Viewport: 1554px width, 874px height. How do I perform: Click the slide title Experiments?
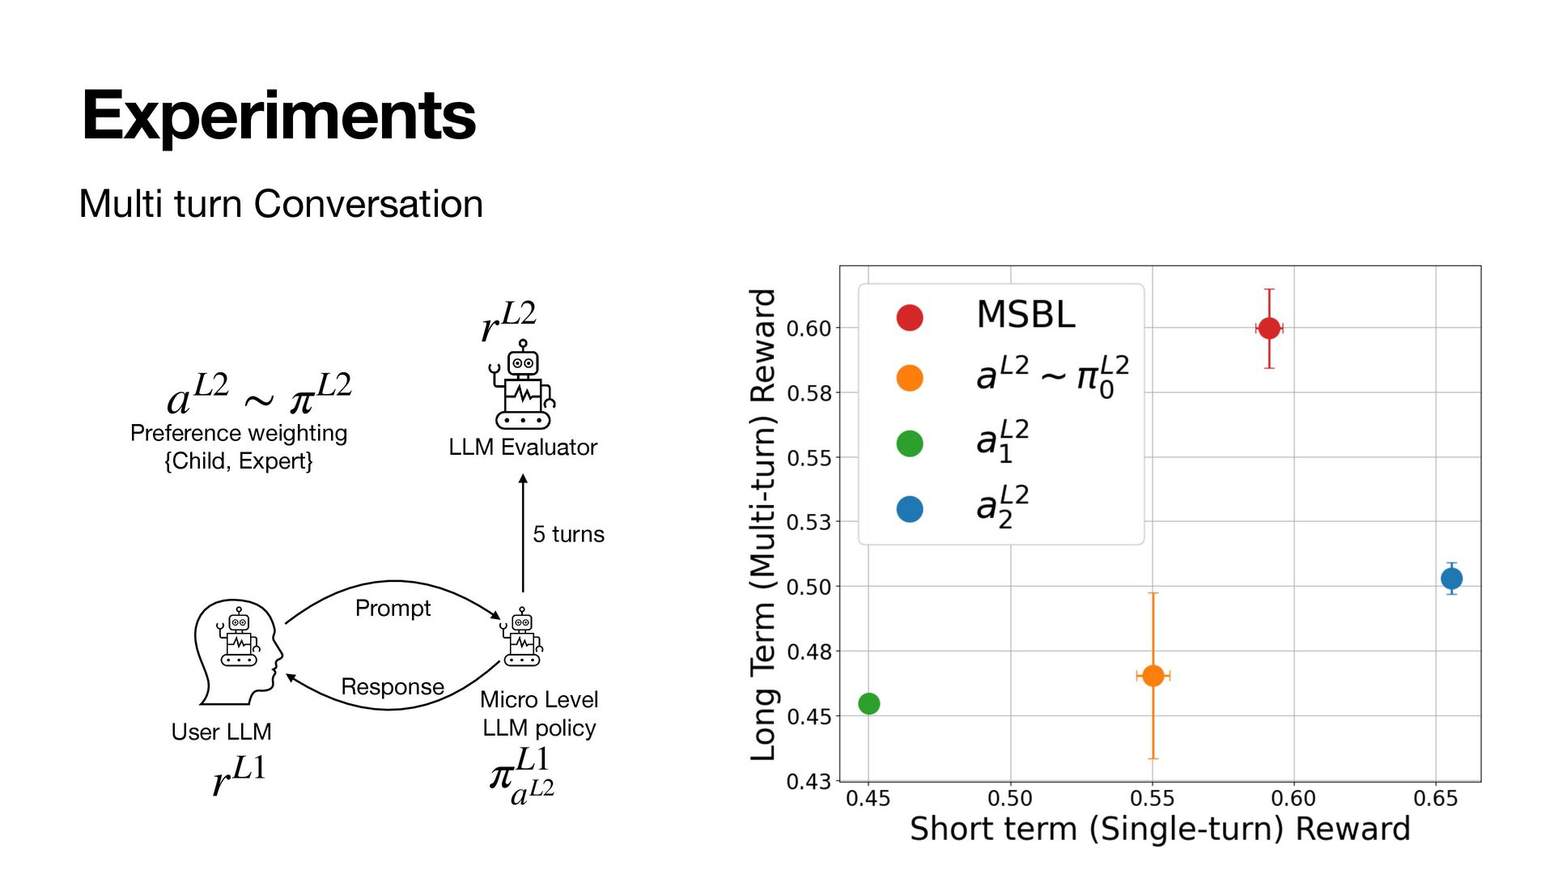pyautogui.click(x=278, y=116)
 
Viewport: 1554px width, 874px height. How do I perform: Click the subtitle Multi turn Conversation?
pyautogui.click(x=281, y=204)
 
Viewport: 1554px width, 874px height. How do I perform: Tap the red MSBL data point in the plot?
pyautogui.click(x=1269, y=328)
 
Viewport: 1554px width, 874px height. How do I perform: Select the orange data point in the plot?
pyautogui.click(x=1153, y=675)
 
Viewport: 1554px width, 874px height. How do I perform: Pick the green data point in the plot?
pyautogui.click(x=868, y=703)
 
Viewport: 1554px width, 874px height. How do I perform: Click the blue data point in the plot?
pyautogui.click(x=1451, y=579)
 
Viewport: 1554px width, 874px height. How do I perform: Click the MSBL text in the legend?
pyautogui.click(x=1025, y=315)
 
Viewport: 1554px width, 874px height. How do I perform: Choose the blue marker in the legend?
pyautogui.click(x=910, y=509)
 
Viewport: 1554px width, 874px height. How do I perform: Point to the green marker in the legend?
pyautogui.click(x=910, y=443)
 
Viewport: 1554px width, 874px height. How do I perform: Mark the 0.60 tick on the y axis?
pyautogui.click(x=809, y=329)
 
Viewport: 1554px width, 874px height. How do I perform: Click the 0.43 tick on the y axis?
pyautogui.click(x=809, y=781)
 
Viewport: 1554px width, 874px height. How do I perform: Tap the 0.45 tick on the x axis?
pyautogui.click(x=868, y=799)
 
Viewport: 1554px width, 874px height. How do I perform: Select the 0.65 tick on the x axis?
pyautogui.click(x=1435, y=799)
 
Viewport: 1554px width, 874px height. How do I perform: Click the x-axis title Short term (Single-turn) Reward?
pyautogui.click(x=1159, y=829)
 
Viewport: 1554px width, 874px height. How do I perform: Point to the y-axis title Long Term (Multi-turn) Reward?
pyautogui.click(x=763, y=524)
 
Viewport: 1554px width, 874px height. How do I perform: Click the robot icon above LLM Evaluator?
pyautogui.click(x=524, y=384)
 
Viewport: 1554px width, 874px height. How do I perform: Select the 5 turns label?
pyautogui.click(x=568, y=534)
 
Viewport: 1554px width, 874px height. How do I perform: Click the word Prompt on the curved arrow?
pyautogui.click(x=393, y=608)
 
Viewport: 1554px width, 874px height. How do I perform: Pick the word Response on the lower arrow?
pyautogui.click(x=393, y=686)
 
